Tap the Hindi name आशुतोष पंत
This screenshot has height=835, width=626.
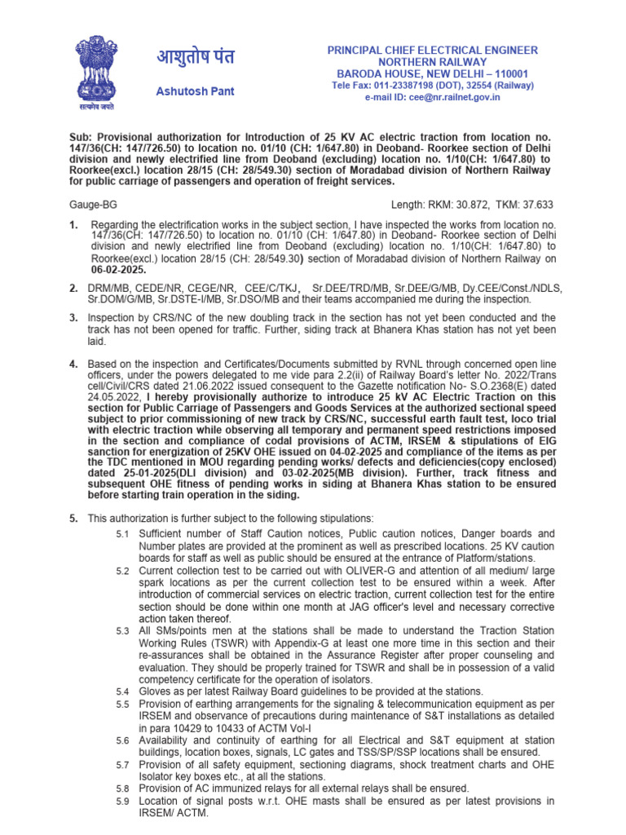click(196, 58)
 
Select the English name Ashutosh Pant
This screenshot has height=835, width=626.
click(196, 91)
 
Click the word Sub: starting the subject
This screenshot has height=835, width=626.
click(80, 139)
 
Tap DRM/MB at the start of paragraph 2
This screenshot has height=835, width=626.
click(111, 289)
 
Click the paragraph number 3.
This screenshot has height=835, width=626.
click(73, 317)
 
